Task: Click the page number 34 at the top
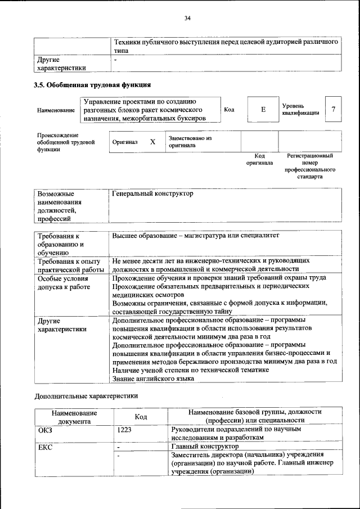(x=188, y=19)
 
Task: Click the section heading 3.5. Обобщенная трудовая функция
(x=92, y=85)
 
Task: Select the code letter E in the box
(x=263, y=110)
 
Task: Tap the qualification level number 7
(x=334, y=109)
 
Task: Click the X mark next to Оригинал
(x=152, y=142)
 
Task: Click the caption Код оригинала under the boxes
(x=259, y=159)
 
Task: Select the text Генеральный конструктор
(x=152, y=193)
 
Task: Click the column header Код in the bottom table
(x=141, y=416)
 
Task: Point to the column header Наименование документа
(x=74, y=416)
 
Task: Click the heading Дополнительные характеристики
(x=86, y=395)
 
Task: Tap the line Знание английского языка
(x=153, y=379)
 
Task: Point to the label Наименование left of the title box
(x=56, y=111)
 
